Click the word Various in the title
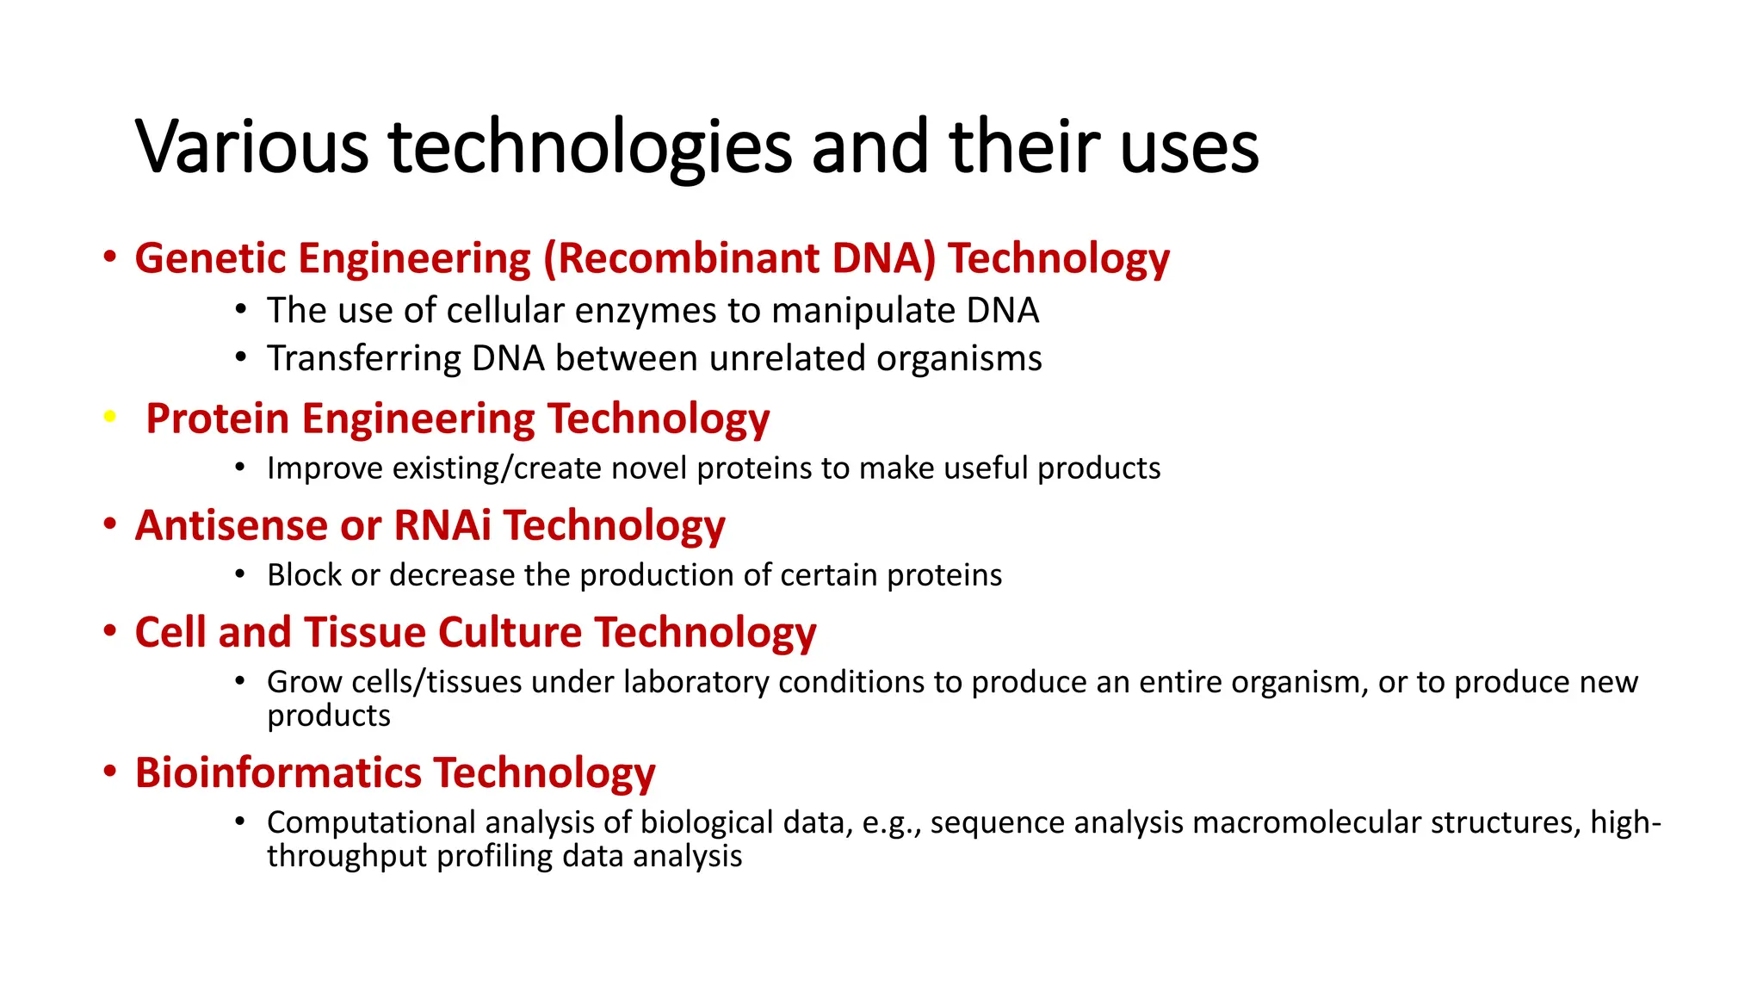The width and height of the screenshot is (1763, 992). (x=251, y=147)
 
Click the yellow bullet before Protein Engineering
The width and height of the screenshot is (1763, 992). (x=109, y=417)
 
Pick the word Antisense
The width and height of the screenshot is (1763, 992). (x=232, y=525)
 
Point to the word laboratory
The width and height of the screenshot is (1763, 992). (x=696, y=682)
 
